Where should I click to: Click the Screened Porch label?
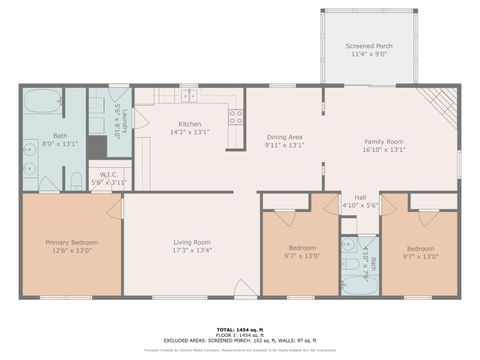[369, 46]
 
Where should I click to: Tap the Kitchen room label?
[190, 124]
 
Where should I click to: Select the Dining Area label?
[285, 137]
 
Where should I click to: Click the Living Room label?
[191, 241]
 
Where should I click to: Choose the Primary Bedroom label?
[71, 241]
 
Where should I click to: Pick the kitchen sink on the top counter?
[188, 96]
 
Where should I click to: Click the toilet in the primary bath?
[75, 181]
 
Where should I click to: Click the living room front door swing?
[244, 288]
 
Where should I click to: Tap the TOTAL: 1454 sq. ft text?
[240, 329]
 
